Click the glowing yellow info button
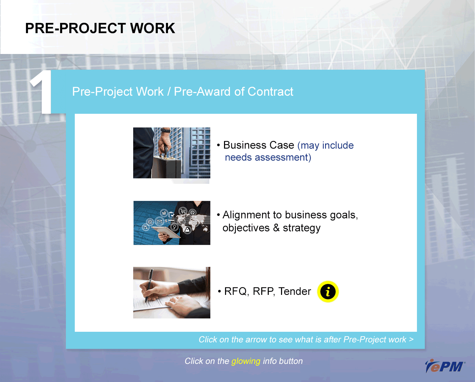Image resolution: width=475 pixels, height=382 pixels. click(x=328, y=291)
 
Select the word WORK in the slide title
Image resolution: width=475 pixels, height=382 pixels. click(x=153, y=28)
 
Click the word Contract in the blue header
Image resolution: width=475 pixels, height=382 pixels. click(x=270, y=92)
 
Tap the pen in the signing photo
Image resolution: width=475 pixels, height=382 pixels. click(x=148, y=285)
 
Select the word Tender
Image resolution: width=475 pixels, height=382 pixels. click(x=295, y=291)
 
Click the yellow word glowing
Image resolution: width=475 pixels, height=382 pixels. click(x=246, y=361)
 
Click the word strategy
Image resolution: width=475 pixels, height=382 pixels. click(x=302, y=228)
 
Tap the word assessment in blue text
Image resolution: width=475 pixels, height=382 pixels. click(x=283, y=158)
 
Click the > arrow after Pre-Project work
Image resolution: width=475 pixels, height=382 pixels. click(x=411, y=339)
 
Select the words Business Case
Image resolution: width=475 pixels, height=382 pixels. click(x=259, y=145)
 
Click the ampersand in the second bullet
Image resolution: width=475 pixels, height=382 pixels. click(x=276, y=228)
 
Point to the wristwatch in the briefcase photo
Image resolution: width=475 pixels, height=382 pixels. click(x=166, y=130)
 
